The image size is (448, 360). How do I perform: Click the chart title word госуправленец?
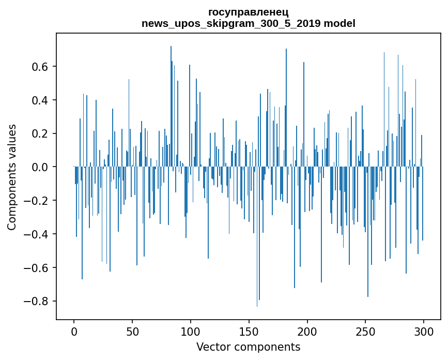[x=248, y=12]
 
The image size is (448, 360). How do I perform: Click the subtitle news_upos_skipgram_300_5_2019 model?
[x=248, y=23]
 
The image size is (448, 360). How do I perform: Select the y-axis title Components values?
[x=11, y=177]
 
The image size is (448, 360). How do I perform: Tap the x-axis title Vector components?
[x=248, y=347]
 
